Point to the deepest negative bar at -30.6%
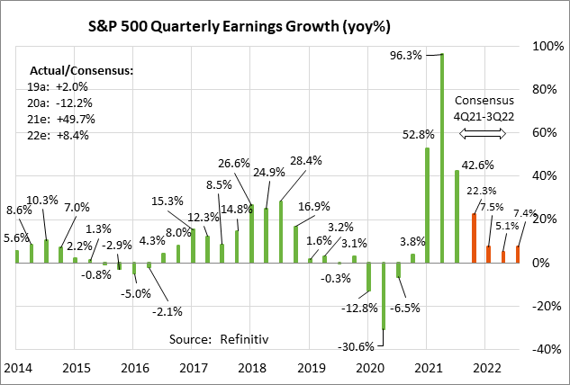(384, 296)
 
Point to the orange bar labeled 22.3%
(474, 238)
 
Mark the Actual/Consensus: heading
(81, 68)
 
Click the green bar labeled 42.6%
(457, 217)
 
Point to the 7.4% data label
(525, 214)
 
